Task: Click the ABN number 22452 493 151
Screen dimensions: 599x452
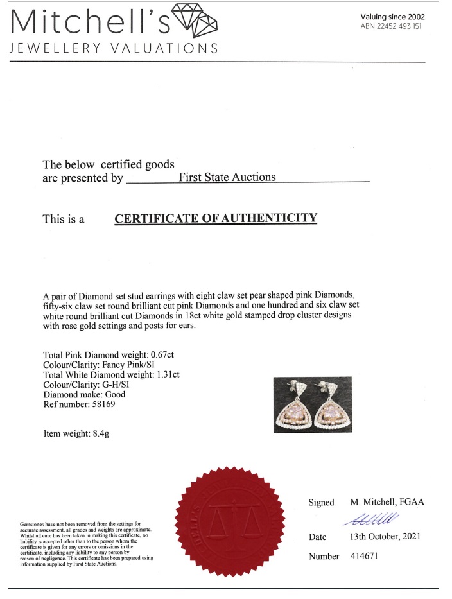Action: [x=392, y=26]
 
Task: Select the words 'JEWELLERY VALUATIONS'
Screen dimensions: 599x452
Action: [x=113, y=49]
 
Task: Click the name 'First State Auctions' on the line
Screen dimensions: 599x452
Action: [x=227, y=177]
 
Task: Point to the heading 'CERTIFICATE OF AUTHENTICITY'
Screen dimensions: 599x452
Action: [x=216, y=218]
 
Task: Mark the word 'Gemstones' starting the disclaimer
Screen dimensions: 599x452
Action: [x=33, y=525]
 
